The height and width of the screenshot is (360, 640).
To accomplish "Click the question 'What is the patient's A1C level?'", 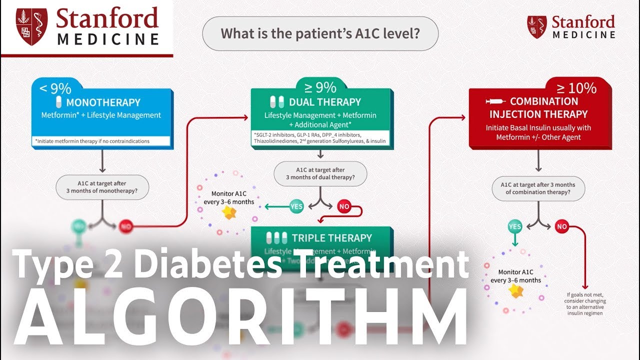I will [320, 34].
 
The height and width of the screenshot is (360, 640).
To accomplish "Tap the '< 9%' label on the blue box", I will [55, 88].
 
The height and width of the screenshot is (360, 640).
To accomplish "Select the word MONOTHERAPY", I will [103, 102].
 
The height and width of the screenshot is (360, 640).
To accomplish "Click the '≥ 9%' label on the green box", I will [320, 87].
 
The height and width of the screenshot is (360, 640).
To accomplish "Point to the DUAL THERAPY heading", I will [324, 102].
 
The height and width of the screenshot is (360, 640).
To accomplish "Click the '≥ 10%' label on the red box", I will [576, 88].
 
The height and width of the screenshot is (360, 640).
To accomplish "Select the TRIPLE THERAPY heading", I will [331, 238].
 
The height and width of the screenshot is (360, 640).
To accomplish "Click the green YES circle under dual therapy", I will [296, 205].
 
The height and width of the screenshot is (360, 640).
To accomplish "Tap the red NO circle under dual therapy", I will [344, 205].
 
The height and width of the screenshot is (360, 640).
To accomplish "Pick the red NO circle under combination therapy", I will [561, 226].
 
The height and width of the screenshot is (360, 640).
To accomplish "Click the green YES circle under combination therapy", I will [514, 226].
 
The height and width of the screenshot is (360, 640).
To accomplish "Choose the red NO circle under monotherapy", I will [126, 226].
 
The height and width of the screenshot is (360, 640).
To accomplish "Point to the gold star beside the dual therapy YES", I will [229, 213].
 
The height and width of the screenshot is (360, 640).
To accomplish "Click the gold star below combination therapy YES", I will [515, 291].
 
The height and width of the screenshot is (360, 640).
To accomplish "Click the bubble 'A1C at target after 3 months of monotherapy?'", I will [102, 187].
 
